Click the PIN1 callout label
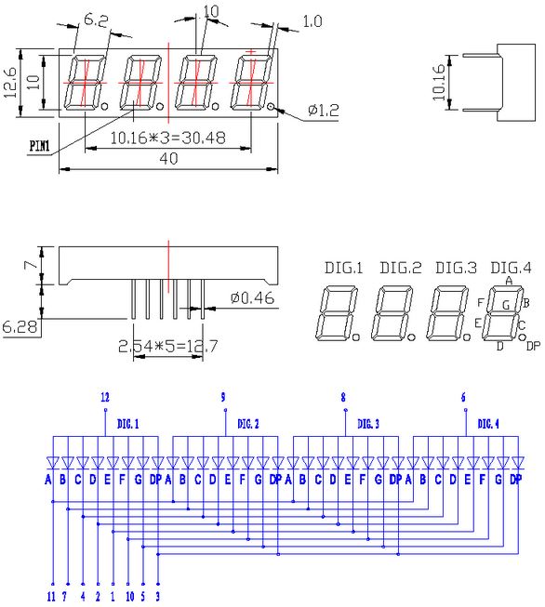40,146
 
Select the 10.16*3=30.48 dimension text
167,138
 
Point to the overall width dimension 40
168,158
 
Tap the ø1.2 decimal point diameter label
324,111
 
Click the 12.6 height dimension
10,83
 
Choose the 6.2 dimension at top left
96,20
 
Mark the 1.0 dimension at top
312,20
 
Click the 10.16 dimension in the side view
439,83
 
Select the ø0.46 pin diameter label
253,298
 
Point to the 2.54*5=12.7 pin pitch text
167,346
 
